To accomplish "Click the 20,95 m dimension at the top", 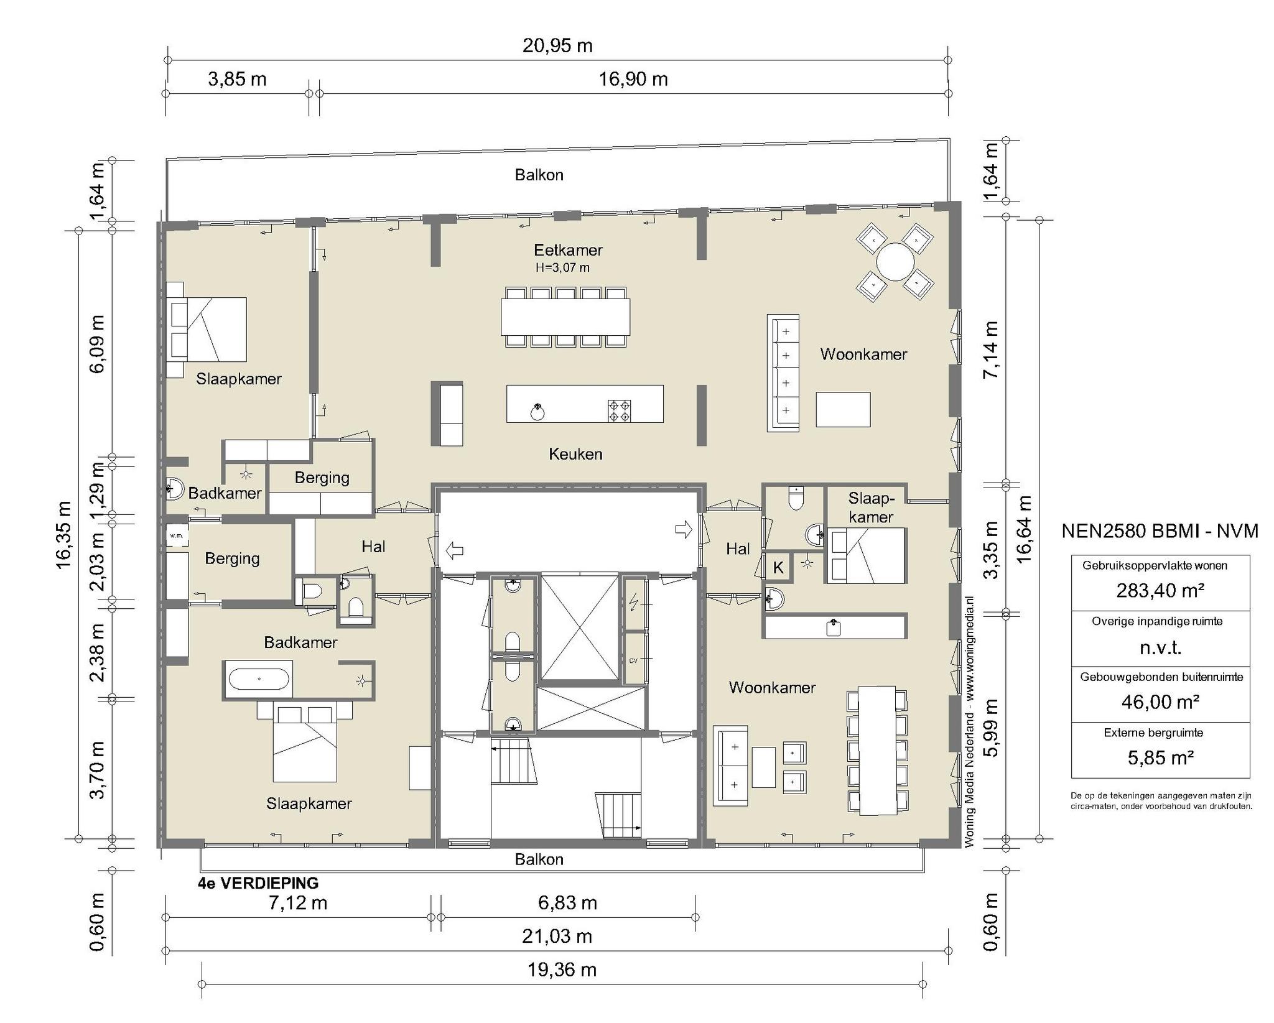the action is pos(557,46).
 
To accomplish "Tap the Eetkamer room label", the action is pos(568,250).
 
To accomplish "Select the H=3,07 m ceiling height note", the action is pos(562,268).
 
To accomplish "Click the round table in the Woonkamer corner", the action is pos(895,262).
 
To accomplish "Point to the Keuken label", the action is pos(575,454).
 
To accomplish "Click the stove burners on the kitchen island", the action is pos(620,411).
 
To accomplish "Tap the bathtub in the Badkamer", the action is pos(259,679).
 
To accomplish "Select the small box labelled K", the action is pos(778,567).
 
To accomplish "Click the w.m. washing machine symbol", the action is pos(177,535).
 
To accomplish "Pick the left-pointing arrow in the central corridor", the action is pos(455,550).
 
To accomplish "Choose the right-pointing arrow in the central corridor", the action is pos(684,529).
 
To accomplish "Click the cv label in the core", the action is pos(633,660).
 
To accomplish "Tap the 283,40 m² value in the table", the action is pos(1160,590).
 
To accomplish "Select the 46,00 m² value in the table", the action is pos(1160,701).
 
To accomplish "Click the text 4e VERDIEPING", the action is pos(258,883).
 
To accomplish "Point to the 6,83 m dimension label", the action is pos(567,903).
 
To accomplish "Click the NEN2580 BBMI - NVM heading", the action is pos(1160,531).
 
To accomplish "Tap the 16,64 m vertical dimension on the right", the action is pos(1025,529).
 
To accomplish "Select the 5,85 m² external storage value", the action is pos(1160,757).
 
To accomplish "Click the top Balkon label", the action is pos(539,175).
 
